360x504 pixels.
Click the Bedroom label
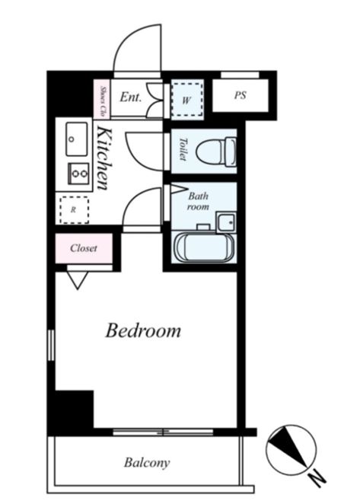pos(143,330)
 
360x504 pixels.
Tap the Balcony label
pos(147,463)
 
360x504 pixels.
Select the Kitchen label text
pos(105,158)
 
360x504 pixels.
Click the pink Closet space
pos(84,248)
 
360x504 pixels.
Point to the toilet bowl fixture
pos(216,152)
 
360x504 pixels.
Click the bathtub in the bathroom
pos(204,247)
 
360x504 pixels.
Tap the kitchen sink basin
pos(77,139)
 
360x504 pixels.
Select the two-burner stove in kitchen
pos(78,174)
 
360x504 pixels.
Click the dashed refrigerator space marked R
pos(74,210)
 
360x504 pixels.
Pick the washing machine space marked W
pos(187,100)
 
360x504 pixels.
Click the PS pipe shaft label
pos(240,95)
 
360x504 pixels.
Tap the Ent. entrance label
pos(130,97)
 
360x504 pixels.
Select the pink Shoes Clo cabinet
pos(102,99)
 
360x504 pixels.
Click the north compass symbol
pos(292,450)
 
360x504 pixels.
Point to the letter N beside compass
pos(318,479)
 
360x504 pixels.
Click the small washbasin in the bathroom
pos(226,222)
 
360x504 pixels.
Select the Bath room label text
pos(198,201)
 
